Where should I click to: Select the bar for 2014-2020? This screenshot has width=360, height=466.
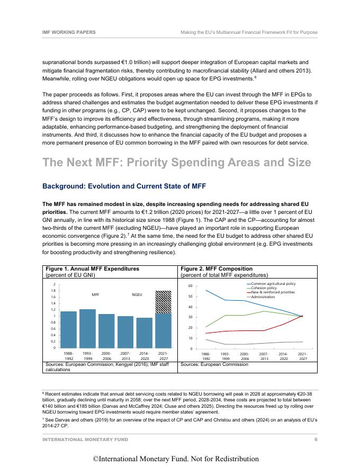[144, 333]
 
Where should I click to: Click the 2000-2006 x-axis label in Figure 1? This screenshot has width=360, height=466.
[106, 355]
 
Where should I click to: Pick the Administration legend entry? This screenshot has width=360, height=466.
[270, 297]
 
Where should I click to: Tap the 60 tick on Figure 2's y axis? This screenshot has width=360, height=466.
[196, 286]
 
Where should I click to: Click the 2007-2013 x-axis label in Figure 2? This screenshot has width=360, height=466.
[264, 355]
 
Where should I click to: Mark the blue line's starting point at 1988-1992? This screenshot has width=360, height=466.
[206, 290]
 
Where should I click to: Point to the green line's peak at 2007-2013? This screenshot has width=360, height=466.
[264, 311]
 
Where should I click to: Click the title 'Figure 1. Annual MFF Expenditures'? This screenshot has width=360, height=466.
[93, 269]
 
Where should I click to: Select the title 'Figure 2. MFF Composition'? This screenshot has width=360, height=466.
[217, 269]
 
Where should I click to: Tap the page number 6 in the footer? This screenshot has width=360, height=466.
[316, 440]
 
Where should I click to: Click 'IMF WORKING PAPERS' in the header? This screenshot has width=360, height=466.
[69, 32]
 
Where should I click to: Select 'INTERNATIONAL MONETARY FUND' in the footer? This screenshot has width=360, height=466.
[85, 440]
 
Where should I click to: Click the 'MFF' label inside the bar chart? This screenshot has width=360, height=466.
[96, 293]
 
